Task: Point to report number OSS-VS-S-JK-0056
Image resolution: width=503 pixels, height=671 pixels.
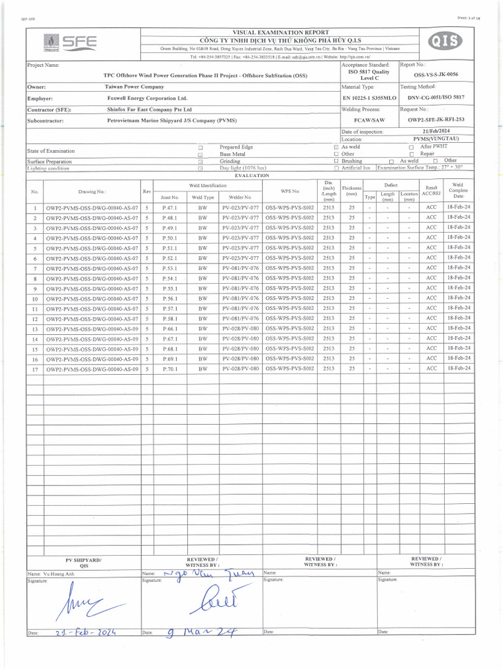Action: [x=436, y=75]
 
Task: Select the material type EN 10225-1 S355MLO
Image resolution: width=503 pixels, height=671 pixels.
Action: [x=369, y=98]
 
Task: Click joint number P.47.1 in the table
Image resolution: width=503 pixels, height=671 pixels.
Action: [x=170, y=208]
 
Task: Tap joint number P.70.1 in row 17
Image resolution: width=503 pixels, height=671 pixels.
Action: [x=170, y=370]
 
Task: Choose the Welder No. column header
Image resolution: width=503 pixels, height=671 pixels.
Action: [x=240, y=197]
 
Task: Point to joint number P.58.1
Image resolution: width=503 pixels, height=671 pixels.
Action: [x=170, y=319]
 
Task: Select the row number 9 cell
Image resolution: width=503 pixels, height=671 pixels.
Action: [x=35, y=289]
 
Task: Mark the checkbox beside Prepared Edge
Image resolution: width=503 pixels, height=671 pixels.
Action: [x=200, y=147]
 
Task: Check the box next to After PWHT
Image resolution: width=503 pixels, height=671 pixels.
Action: [x=411, y=147]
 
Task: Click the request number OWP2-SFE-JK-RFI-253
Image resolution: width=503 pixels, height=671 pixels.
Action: [x=436, y=121]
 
